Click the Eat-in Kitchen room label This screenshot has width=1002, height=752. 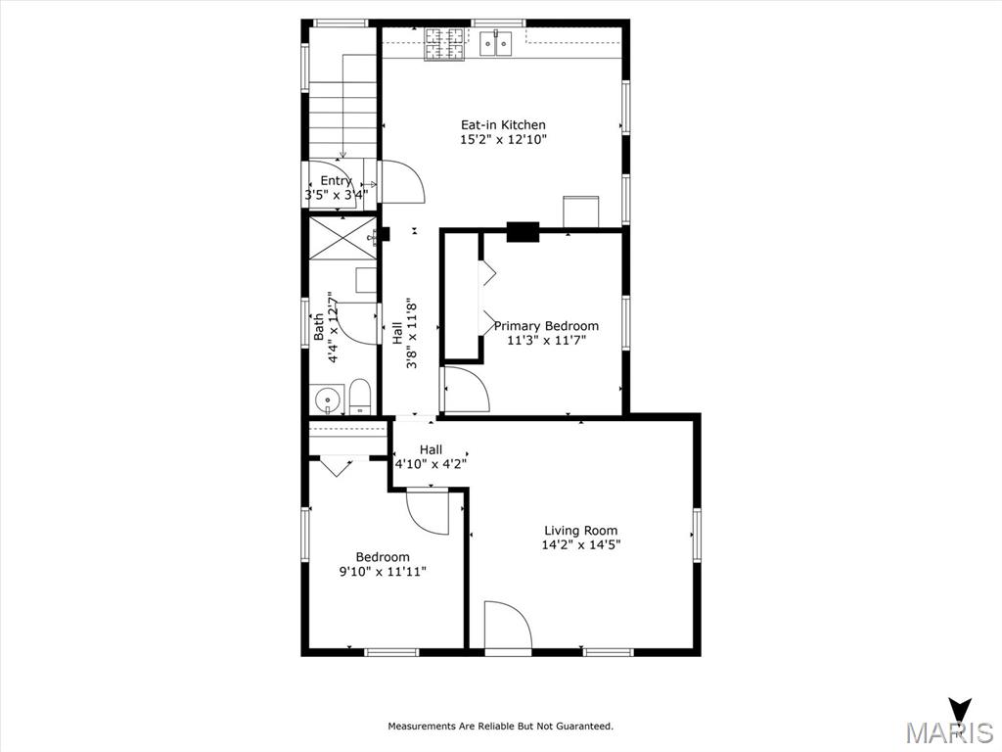(503, 125)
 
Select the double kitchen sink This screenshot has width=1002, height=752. (497, 42)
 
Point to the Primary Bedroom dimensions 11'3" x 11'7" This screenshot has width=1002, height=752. (546, 341)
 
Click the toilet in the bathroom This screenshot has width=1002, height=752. (360, 396)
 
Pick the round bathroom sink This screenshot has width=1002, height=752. (326, 399)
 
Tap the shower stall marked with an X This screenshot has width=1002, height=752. (342, 238)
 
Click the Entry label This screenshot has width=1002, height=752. (336, 181)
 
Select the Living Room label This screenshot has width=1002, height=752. (580, 531)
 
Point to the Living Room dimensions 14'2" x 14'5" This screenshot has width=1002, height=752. (580, 545)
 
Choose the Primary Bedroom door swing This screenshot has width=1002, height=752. (465, 389)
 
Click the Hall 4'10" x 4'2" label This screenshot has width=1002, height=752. (431, 457)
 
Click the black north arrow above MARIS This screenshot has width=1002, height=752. (960, 710)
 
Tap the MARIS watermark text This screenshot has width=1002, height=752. (948, 733)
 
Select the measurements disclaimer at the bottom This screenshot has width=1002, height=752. (501, 727)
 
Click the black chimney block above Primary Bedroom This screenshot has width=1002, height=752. (523, 232)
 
